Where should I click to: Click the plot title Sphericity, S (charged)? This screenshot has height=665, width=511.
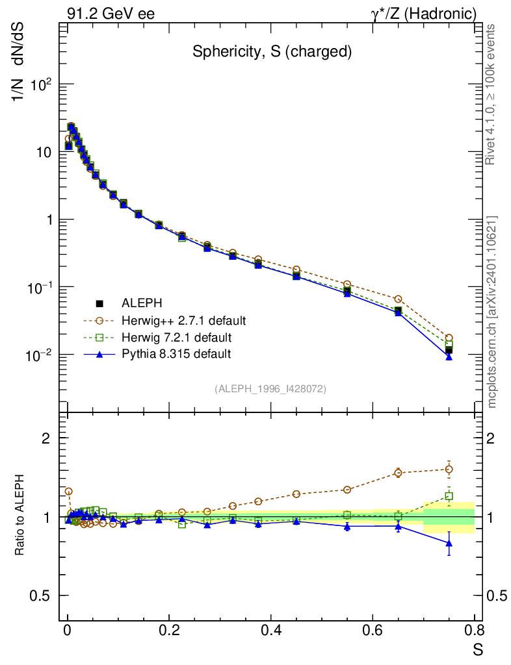pyautogui.click(x=272, y=53)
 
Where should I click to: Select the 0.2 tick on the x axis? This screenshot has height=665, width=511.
pyautogui.click(x=169, y=630)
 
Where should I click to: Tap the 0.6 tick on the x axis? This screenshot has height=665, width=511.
pyautogui.click(x=373, y=630)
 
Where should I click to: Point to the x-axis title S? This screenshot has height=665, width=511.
pyautogui.click(x=478, y=649)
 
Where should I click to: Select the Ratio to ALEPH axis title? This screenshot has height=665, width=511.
pyautogui.click(x=21, y=516)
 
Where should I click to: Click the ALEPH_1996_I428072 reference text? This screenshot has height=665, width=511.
pyautogui.click(x=270, y=388)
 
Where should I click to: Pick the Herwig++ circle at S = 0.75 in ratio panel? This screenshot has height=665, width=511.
pyautogui.click(x=449, y=469)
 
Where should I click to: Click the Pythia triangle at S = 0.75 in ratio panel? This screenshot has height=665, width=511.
pyautogui.click(x=449, y=544)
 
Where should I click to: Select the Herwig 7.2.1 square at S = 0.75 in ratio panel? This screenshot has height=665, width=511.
pyautogui.click(x=449, y=496)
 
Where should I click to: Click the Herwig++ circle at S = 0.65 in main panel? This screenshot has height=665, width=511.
pyautogui.click(x=398, y=299)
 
